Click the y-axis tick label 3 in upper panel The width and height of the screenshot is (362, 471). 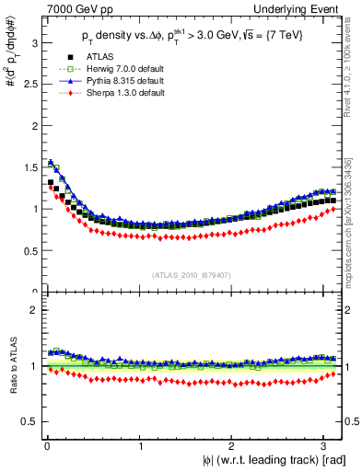(x=33, y=42)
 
